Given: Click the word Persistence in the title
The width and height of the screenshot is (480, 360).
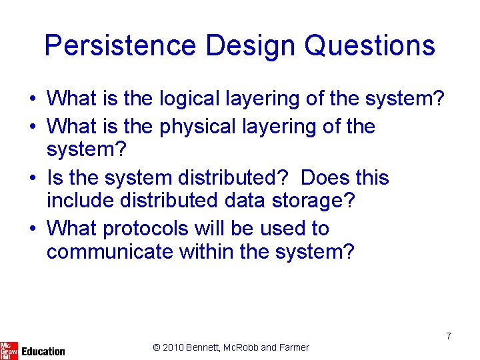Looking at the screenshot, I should (120, 46).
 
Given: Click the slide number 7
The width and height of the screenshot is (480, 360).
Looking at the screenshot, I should (449, 336).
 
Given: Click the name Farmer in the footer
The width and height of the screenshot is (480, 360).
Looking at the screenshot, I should (294, 347).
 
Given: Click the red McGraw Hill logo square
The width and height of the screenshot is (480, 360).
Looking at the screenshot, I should (9, 350).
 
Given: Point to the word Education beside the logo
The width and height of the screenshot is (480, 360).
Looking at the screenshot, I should (43, 351).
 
